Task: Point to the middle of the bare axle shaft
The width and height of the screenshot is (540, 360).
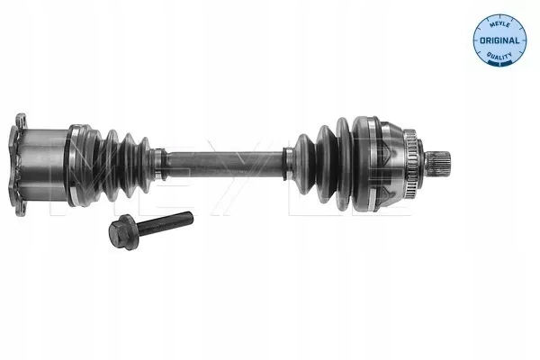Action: tap(225, 160)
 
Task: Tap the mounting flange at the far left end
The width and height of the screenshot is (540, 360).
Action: tap(19, 162)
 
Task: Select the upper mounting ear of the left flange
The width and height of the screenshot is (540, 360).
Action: tap(20, 121)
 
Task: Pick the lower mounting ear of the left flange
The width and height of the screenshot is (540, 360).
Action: tap(20, 203)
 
